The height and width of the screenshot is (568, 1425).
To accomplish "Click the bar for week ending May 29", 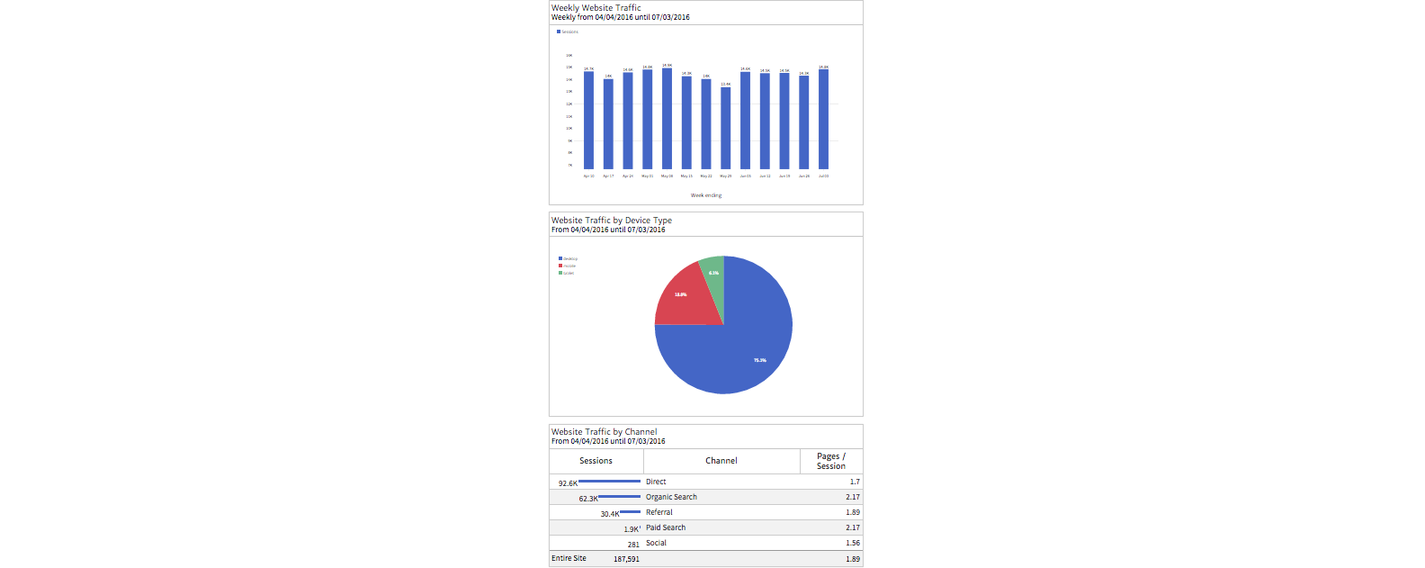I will (x=726, y=128).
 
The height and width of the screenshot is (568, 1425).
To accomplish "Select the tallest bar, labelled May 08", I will (x=667, y=118).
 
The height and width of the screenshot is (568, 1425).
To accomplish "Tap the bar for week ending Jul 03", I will (x=823, y=119).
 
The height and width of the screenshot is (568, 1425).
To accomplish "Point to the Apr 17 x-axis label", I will (x=608, y=176).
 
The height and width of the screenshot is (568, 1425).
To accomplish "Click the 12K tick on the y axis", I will (x=569, y=104).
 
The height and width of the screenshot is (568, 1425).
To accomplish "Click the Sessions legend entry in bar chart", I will (x=568, y=32).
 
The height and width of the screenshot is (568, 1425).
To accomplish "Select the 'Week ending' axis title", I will (x=706, y=195).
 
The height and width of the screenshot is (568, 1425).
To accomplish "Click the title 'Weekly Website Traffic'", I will (x=596, y=8).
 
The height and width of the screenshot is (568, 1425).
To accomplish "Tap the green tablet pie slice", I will (x=712, y=270).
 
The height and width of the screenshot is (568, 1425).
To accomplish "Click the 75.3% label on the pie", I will (x=760, y=360).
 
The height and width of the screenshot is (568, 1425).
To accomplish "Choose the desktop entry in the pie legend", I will (x=568, y=258).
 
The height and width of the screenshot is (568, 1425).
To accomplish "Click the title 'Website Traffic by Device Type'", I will (x=612, y=221).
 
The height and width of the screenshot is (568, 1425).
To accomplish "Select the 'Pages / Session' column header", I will (x=830, y=461).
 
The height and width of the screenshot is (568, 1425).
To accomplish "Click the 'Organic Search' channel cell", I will (x=671, y=497).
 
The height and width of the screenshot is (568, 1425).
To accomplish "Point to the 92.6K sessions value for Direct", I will (x=568, y=483).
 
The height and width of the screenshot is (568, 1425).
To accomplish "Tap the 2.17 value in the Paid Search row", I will (x=852, y=527).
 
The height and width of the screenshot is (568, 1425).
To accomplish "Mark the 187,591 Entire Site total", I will (x=626, y=559).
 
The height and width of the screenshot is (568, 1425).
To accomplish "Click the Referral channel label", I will (x=659, y=512).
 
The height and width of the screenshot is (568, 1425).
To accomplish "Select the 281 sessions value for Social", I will (x=633, y=544).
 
